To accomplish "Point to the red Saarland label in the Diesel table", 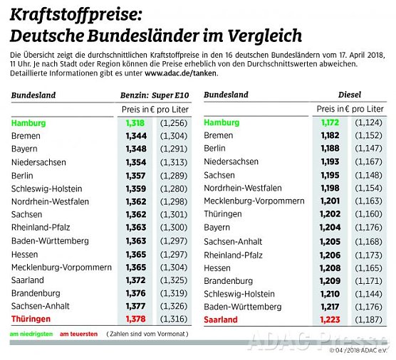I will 221,319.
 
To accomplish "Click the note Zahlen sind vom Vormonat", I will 145,334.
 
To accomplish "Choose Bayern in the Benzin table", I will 24,149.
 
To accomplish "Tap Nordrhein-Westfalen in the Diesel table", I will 243,188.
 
